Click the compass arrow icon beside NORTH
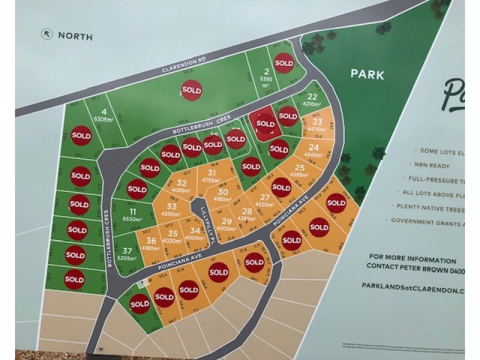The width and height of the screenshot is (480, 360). tap(46, 34)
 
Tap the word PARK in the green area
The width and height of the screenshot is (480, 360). tap(367, 75)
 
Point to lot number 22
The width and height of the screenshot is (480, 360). tap(311, 96)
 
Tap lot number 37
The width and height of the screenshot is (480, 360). tap(127, 251)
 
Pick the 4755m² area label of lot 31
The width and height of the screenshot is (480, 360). tap(211, 180)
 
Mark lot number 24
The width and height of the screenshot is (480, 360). tap(313, 147)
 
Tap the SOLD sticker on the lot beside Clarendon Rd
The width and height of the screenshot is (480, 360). tap(191, 90)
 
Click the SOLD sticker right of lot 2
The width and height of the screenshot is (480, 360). tap(284, 62)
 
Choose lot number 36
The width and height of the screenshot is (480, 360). tap(151, 241)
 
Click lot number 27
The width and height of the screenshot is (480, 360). tap(265, 197)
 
